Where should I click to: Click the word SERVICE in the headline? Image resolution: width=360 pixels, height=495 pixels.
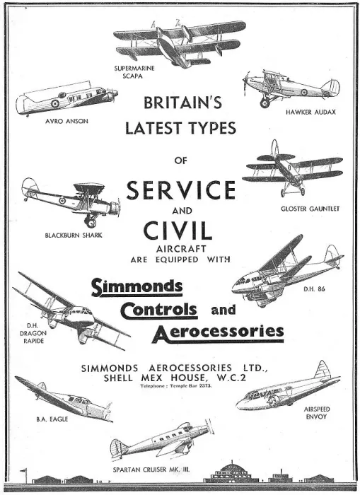point(181,190)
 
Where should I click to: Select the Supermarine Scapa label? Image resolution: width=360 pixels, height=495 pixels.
point(134,71)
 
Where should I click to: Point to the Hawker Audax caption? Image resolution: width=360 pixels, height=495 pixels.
point(310,112)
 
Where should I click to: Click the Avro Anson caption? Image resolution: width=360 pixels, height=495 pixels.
point(66,121)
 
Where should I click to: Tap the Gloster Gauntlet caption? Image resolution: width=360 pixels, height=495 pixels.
point(310,209)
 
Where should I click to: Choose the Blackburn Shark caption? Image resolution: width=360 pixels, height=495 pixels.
point(74,235)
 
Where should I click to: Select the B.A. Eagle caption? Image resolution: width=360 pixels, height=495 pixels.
point(52,419)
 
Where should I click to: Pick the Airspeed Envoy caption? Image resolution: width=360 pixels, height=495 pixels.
point(317,413)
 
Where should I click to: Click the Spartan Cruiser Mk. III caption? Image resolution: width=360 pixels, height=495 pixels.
point(151,470)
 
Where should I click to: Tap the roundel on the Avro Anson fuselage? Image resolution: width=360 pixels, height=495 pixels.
point(55,103)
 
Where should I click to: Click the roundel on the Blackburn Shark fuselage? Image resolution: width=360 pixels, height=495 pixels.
point(62,200)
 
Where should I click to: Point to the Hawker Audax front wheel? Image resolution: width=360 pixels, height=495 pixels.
point(265,103)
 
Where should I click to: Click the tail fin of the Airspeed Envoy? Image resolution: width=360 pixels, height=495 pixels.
point(322,369)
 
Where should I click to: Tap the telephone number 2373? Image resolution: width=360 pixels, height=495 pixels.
point(206,386)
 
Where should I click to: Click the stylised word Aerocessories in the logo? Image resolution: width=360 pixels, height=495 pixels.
point(219,332)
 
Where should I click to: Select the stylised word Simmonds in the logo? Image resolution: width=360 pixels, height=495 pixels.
point(137,287)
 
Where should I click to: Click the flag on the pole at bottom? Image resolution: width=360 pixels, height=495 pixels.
point(23,471)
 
